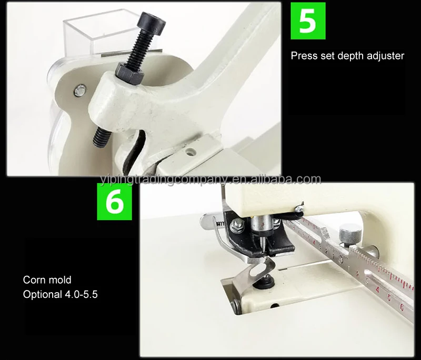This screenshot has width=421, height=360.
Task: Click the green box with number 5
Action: pos(308,21)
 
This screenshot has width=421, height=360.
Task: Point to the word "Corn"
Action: pos(33,279)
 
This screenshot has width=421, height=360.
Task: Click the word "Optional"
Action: pos(42,294)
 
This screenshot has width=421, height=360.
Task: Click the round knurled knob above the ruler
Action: pos(349,233)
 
